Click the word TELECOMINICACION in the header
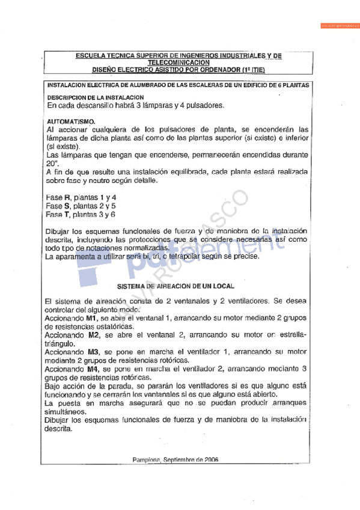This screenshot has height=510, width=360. [x=178, y=62]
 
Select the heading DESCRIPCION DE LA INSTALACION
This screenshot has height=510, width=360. [x=95, y=97]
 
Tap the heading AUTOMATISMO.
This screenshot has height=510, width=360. [x=70, y=121]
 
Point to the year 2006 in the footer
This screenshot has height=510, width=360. [x=210, y=459]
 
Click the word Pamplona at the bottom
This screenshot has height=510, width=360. [x=145, y=459]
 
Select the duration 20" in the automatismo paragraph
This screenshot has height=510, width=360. [x=50, y=163]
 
